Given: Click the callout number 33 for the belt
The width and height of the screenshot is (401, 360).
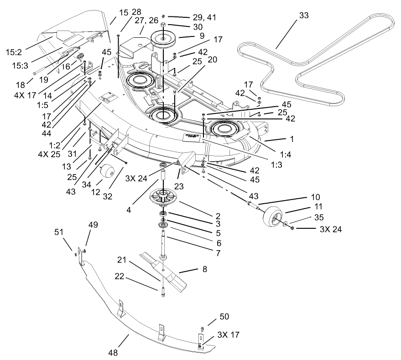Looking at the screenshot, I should coord(303,15).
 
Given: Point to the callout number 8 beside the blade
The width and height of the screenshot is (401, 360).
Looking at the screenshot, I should coord(205,270).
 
